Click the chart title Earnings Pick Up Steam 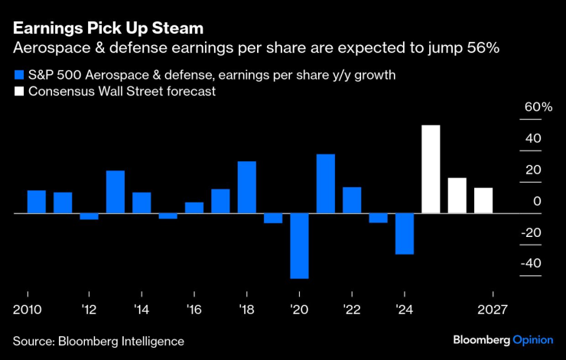[107, 28]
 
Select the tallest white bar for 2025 [431, 169]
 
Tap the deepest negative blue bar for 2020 [299, 245]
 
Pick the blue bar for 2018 [246, 187]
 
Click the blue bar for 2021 [326, 183]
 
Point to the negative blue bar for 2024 [405, 233]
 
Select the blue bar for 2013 [115, 192]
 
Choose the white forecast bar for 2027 [483, 200]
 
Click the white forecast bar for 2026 [457, 196]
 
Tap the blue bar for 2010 [37, 202]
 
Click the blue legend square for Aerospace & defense [18, 76]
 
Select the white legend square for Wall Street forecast [18, 92]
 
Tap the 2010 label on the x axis [28, 310]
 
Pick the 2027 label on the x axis [493, 310]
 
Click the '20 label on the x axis [298, 310]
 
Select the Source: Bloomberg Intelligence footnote [98, 340]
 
